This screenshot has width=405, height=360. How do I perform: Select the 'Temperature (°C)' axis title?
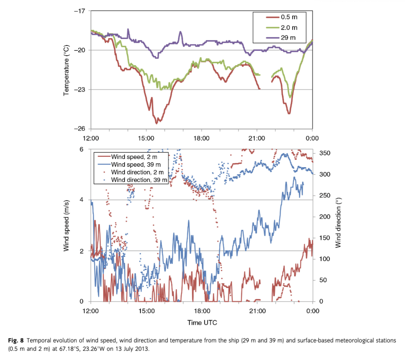coord(67,70)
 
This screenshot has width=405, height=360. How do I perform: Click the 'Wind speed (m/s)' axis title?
coord(67,226)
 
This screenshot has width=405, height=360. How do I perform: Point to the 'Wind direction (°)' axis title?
coord(338,226)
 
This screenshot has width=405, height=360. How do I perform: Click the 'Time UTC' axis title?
coord(202,322)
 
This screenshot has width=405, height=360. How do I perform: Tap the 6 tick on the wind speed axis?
coord(82,149)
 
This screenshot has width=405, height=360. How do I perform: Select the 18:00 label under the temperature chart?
coord(201,138)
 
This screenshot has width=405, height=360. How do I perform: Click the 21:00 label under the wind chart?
coord(257,311)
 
